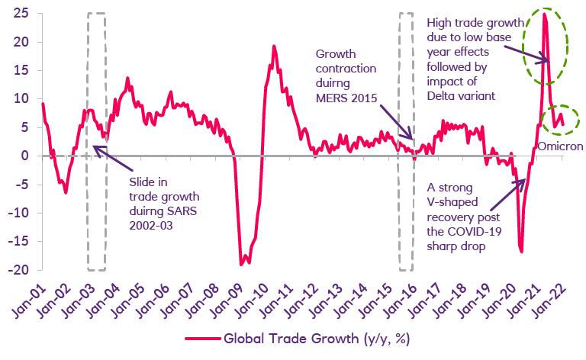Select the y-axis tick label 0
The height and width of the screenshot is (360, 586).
click(24, 156)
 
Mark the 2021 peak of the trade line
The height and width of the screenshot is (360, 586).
click(545, 14)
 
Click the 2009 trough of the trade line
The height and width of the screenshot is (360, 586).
click(242, 265)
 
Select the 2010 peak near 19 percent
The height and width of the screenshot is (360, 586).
click(274, 47)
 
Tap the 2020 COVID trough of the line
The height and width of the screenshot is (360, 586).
click(521, 251)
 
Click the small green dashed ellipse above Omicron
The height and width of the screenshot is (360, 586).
click(560, 119)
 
